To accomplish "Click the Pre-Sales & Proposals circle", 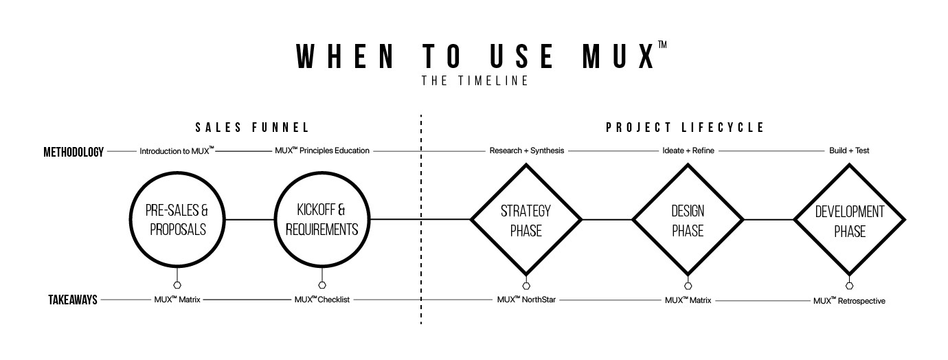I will pyautogui.click(x=178, y=220).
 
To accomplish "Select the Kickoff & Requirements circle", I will pyautogui.click(x=322, y=220).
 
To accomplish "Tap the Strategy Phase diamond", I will pyautogui.click(x=526, y=220).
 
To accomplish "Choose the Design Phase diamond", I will pyautogui.click(x=688, y=220).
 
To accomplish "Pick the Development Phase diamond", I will pyautogui.click(x=849, y=220).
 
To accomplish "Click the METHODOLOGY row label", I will pyautogui.click(x=73, y=151).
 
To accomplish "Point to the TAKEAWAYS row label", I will pyautogui.click(x=73, y=300).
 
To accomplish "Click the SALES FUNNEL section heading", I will pyautogui.click(x=252, y=128).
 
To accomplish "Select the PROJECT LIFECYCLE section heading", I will pyautogui.click(x=685, y=128).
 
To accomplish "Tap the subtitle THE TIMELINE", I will pyautogui.click(x=475, y=81).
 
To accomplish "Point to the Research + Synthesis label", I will pyautogui.click(x=526, y=150).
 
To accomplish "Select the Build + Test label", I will pyautogui.click(x=849, y=150).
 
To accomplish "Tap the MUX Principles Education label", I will pyautogui.click(x=322, y=150).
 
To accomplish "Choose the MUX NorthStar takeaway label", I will pyautogui.click(x=526, y=300).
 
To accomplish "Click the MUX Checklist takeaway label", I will pyautogui.click(x=322, y=300).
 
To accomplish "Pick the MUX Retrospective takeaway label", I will pyautogui.click(x=849, y=300).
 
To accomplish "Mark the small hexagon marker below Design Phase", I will pyautogui.click(x=688, y=286).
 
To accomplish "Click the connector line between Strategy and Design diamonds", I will pyautogui.click(x=607, y=220).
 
